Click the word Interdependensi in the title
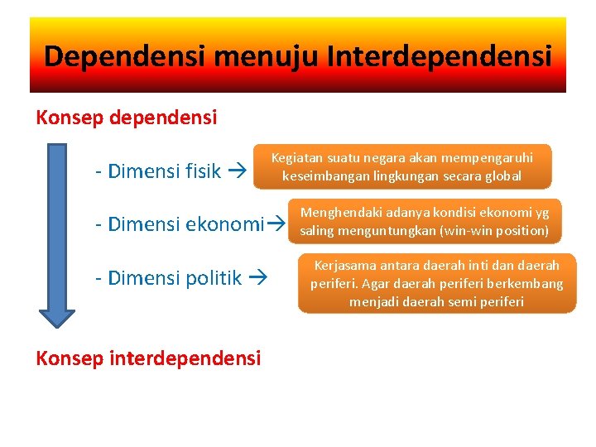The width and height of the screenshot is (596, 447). [x=439, y=56]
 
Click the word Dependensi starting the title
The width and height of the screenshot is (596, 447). [x=125, y=56]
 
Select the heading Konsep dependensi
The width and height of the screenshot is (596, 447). [x=127, y=118]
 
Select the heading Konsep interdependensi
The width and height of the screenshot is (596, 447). [x=148, y=358]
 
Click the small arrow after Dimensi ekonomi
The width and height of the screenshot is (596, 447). [x=278, y=223]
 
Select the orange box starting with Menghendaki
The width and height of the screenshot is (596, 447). [x=424, y=222]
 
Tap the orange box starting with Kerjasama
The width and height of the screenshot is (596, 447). [x=436, y=283]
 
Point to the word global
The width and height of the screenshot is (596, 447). [x=502, y=175]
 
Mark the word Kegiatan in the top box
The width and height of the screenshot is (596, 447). [x=297, y=157]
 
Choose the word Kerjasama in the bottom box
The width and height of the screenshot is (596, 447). [x=344, y=266]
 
